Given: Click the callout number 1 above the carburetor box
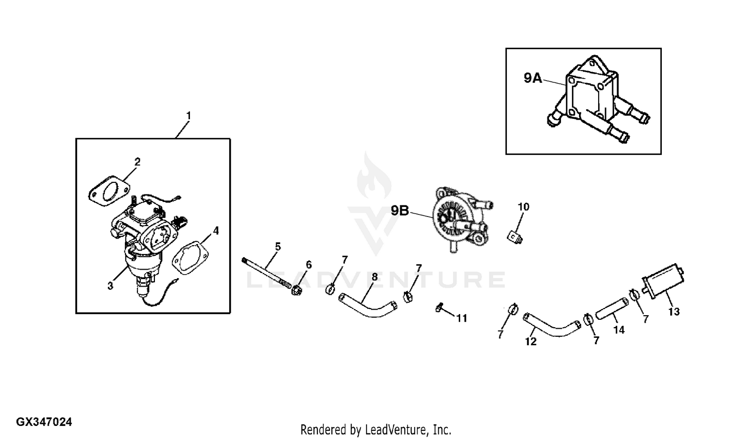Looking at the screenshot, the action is click(189, 116).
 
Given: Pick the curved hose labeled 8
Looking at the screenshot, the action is click(366, 307).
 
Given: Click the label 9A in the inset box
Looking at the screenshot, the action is click(532, 78).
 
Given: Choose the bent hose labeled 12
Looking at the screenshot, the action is click(551, 326).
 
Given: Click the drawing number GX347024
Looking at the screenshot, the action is click(44, 422).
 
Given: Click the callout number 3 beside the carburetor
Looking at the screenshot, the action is click(110, 286).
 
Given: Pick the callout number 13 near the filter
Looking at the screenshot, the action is click(674, 312).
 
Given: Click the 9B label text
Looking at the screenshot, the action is click(400, 211).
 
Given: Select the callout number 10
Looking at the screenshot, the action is click(523, 207).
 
